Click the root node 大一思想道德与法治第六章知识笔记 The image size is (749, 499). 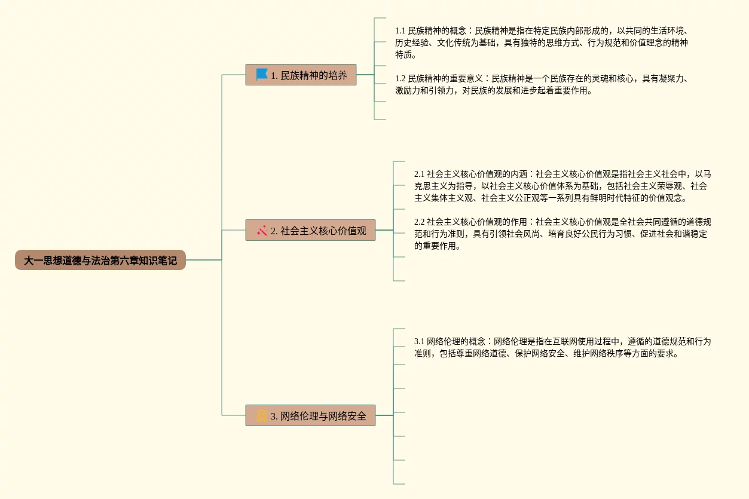[x=100, y=261]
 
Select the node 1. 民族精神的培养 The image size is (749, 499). [x=301, y=75]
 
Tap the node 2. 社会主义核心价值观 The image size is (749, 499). [x=310, y=230]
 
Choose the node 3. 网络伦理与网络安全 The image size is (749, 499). [x=310, y=415]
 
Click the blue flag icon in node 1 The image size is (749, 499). [x=262, y=75]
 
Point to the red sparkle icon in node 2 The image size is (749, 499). [x=262, y=230]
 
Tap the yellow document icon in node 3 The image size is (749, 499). [x=262, y=415]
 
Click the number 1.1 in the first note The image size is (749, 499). [x=401, y=30]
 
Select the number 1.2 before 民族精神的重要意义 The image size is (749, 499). [x=401, y=78]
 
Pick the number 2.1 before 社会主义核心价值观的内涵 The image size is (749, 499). [x=420, y=174]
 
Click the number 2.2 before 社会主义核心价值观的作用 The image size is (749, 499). [x=420, y=222]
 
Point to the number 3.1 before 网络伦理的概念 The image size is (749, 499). [x=420, y=341]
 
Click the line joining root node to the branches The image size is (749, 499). [x=204, y=260]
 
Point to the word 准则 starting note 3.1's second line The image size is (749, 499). [x=423, y=354]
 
